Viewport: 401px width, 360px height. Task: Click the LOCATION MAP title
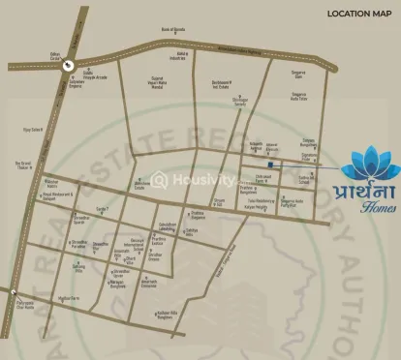(x=357, y=14)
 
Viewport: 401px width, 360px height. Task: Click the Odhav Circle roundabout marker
(x=70, y=65)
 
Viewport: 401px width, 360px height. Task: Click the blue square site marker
(x=271, y=165)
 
